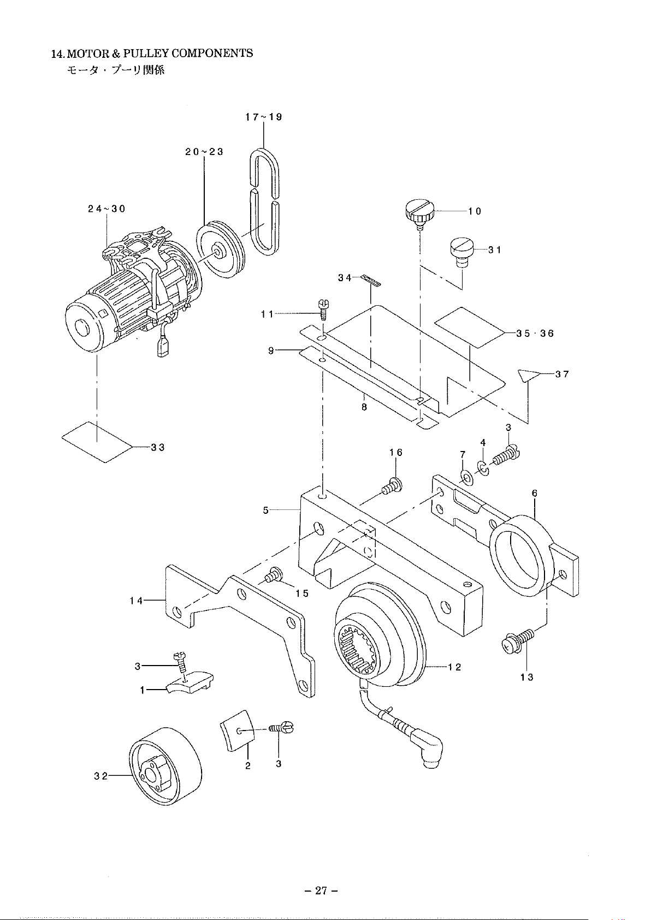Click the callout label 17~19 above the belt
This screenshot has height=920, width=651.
click(264, 117)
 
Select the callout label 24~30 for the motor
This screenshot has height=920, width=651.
click(107, 209)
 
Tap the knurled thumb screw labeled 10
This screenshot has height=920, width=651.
click(418, 212)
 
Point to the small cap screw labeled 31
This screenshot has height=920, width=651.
click(462, 252)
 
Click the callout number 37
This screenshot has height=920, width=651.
click(562, 374)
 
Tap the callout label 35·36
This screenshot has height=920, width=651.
click(535, 333)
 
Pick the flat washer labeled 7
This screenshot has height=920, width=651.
click(466, 477)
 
